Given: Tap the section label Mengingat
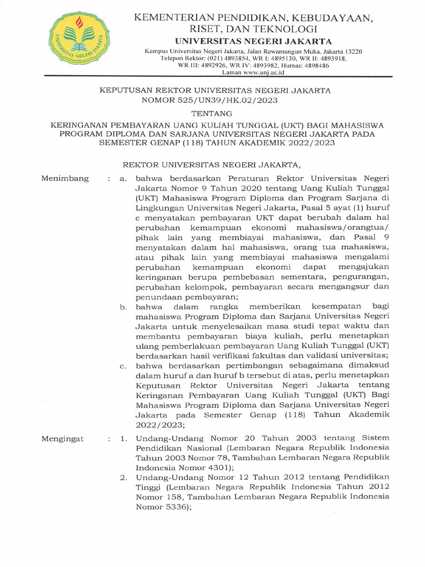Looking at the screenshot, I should tap(63, 439).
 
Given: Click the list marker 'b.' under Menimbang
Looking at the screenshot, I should tap(124, 306).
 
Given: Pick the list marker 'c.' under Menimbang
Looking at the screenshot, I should tap(124, 366).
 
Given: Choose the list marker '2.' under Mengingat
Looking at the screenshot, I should tap(124, 477).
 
